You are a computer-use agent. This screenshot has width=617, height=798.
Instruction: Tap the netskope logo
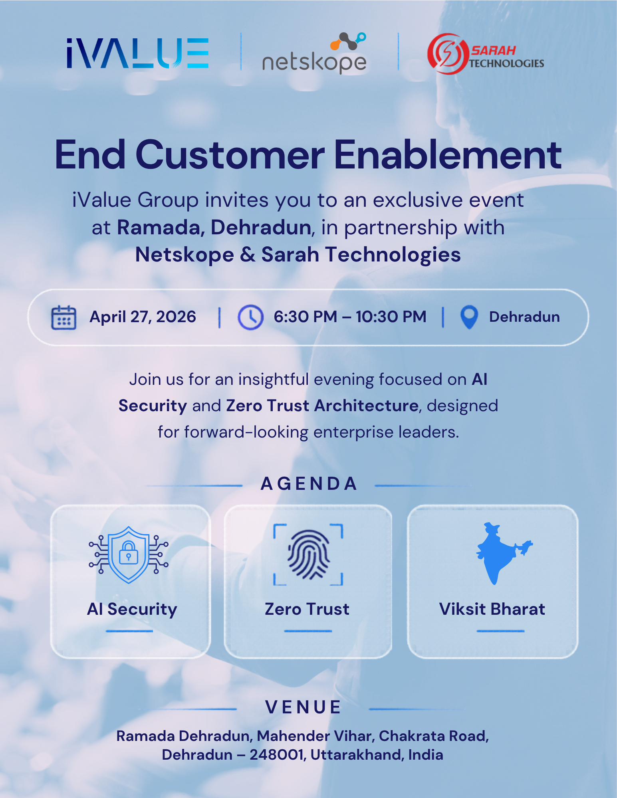(x=314, y=53)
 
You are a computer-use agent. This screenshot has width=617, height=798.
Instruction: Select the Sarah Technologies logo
(x=486, y=54)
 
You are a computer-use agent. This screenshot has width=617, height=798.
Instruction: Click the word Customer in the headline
(x=230, y=155)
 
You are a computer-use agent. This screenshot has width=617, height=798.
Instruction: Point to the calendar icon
(x=63, y=317)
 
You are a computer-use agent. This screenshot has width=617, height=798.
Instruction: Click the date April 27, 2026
(x=143, y=317)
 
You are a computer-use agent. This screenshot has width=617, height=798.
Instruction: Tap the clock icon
(x=250, y=317)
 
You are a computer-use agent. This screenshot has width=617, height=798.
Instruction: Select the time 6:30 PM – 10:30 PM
(x=350, y=317)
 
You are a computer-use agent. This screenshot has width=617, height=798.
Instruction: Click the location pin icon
(x=469, y=317)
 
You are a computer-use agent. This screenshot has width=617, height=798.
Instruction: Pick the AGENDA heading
(x=309, y=483)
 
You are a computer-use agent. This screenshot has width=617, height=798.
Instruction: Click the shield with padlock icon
(x=129, y=555)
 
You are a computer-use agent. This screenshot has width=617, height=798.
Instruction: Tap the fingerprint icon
(x=308, y=554)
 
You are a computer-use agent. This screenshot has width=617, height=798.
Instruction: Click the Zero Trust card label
(x=307, y=609)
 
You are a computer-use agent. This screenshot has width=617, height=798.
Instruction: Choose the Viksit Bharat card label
(x=492, y=609)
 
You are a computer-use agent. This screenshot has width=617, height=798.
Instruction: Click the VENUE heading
(x=303, y=707)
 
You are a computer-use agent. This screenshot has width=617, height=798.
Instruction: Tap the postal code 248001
(x=278, y=755)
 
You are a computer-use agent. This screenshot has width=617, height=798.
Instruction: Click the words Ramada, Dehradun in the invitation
(x=214, y=228)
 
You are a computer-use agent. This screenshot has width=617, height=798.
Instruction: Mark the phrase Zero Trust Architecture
(x=322, y=406)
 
